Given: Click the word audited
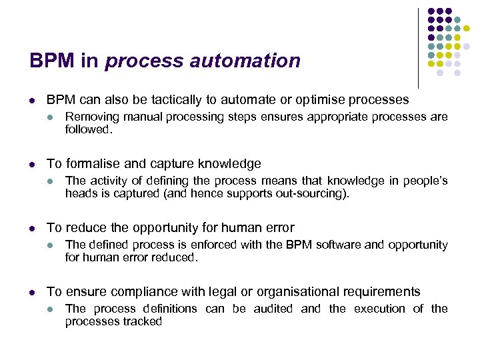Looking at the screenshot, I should pyautogui.click(x=272, y=309).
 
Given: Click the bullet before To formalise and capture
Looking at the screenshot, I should pyautogui.click(x=32, y=164).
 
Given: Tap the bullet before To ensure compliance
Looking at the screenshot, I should pyautogui.click(x=32, y=292).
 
